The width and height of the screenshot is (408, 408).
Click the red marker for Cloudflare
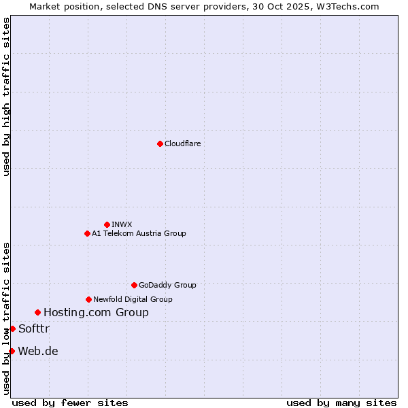(x=160, y=143)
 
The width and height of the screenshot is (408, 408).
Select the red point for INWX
(x=107, y=224)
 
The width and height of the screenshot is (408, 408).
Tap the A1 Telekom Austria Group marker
(x=87, y=233)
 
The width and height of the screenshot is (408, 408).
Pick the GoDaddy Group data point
(x=134, y=285)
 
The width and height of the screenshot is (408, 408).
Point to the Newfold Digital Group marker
(x=88, y=299)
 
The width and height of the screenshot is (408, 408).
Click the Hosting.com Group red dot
(x=37, y=312)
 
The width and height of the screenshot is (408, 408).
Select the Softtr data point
(x=12, y=328)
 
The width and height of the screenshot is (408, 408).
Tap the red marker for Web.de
(x=12, y=351)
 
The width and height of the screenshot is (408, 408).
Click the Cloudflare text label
(x=182, y=143)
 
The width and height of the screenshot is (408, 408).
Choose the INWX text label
(x=122, y=224)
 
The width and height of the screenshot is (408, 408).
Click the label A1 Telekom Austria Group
(x=139, y=233)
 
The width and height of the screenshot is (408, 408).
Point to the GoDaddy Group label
(x=167, y=285)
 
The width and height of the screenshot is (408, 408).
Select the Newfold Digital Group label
(x=133, y=299)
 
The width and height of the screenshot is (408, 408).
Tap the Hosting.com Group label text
(x=96, y=312)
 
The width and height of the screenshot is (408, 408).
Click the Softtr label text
(x=34, y=328)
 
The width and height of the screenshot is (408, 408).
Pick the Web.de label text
(x=38, y=351)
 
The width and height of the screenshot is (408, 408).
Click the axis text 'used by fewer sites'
(x=70, y=403)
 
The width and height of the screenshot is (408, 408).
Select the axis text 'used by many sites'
(x=341, y=403)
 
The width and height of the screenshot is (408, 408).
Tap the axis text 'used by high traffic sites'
(x=6, y=97)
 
